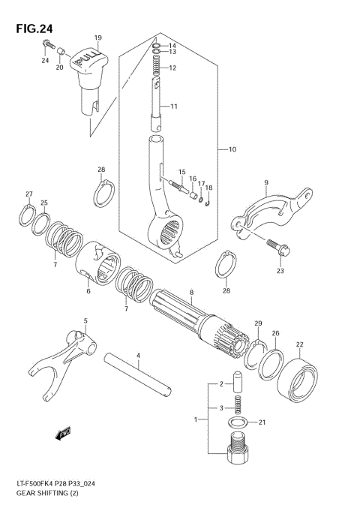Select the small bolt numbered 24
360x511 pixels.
44,44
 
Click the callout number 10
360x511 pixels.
232,150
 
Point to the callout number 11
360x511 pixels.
173,107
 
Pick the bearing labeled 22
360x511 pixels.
301,379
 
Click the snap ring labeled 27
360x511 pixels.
28,216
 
